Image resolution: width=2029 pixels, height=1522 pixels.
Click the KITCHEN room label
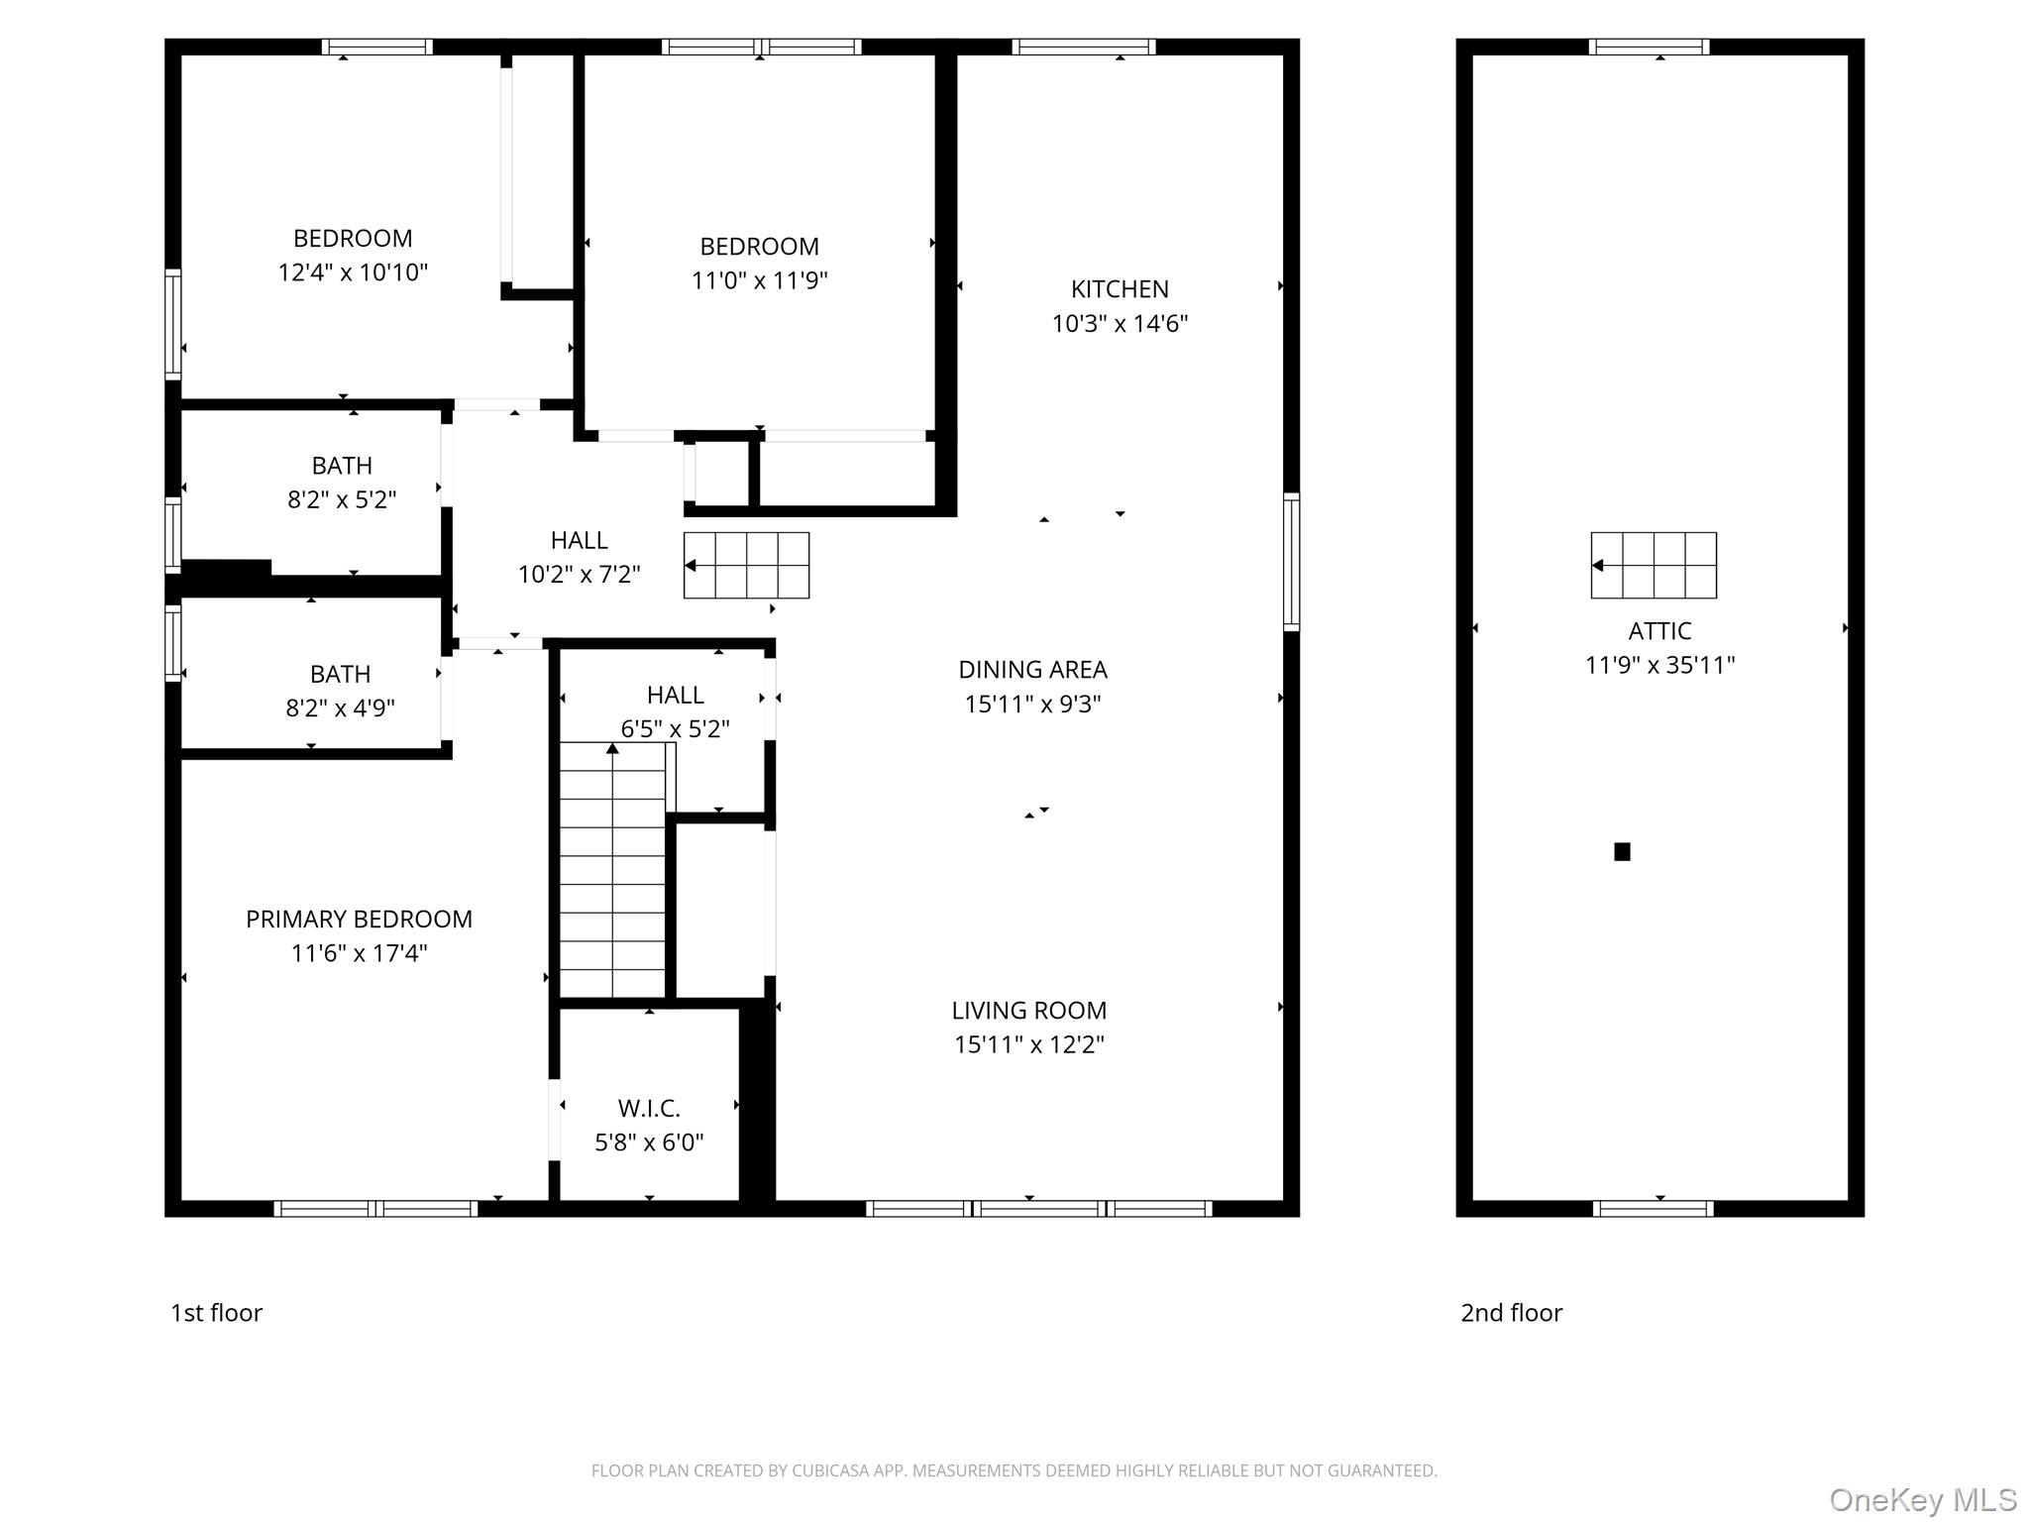tap(1120, 289)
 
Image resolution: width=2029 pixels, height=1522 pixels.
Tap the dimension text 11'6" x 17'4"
tap(359, 953)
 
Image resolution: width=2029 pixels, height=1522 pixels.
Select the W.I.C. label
tap(649, 1108)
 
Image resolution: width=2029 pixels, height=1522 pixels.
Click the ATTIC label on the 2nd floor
tap(1659, 631)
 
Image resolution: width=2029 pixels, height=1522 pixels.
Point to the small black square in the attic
tap(1622, 851)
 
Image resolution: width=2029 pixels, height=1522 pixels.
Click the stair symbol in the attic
tap(1654, 565)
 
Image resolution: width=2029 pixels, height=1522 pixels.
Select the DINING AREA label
tap(1032, 670)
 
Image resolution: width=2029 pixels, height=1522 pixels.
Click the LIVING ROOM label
tap(1029, 1011)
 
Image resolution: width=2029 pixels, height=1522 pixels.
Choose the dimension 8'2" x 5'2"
tap(342, 499)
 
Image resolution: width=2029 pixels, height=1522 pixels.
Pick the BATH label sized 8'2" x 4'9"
tap(340, 674)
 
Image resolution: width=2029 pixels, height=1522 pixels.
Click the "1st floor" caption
tap(216, 1313)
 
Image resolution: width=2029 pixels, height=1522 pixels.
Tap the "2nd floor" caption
tap(1511, 1313)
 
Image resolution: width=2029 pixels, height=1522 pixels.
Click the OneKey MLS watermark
tap(1922, 1500)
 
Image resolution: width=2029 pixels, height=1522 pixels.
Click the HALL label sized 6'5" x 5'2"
tap(675, 695)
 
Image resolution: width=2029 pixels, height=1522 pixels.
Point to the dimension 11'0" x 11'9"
tap(759, 280)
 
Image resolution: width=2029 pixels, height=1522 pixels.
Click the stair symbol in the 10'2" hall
tap(746, 565)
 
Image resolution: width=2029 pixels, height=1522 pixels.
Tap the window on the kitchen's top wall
tap(1084, 47)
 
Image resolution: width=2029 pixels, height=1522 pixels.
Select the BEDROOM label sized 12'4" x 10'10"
tap(353, 239)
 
